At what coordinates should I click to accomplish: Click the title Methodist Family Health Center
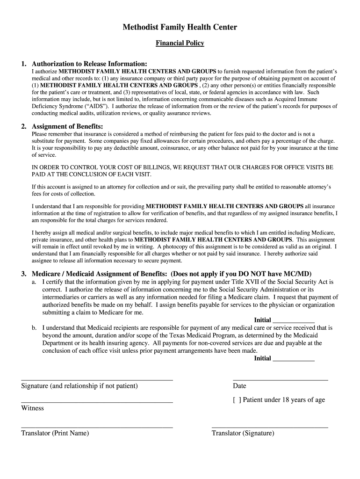180,28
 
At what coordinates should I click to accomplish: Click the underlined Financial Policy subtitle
180,44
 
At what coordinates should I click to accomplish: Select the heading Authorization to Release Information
89,64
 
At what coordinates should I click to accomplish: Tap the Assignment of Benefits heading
67,127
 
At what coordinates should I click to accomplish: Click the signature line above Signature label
97,379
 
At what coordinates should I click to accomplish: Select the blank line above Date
280,379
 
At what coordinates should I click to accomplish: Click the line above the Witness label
97,402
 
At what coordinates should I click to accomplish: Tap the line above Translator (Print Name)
97,427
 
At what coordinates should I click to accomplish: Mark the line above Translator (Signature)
270,427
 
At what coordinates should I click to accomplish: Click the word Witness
32,408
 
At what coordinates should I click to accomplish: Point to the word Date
239,386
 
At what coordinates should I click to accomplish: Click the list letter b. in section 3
35,328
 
